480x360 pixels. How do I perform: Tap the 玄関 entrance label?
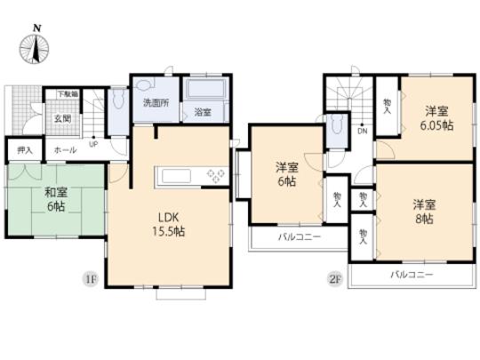[66, 120]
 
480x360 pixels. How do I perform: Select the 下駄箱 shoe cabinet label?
[68, 93]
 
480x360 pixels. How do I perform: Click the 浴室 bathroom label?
[202, 113]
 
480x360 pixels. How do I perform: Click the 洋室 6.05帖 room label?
[436, 119]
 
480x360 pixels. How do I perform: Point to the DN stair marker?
[363, 132]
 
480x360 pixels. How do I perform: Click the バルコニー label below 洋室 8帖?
[412, 276]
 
